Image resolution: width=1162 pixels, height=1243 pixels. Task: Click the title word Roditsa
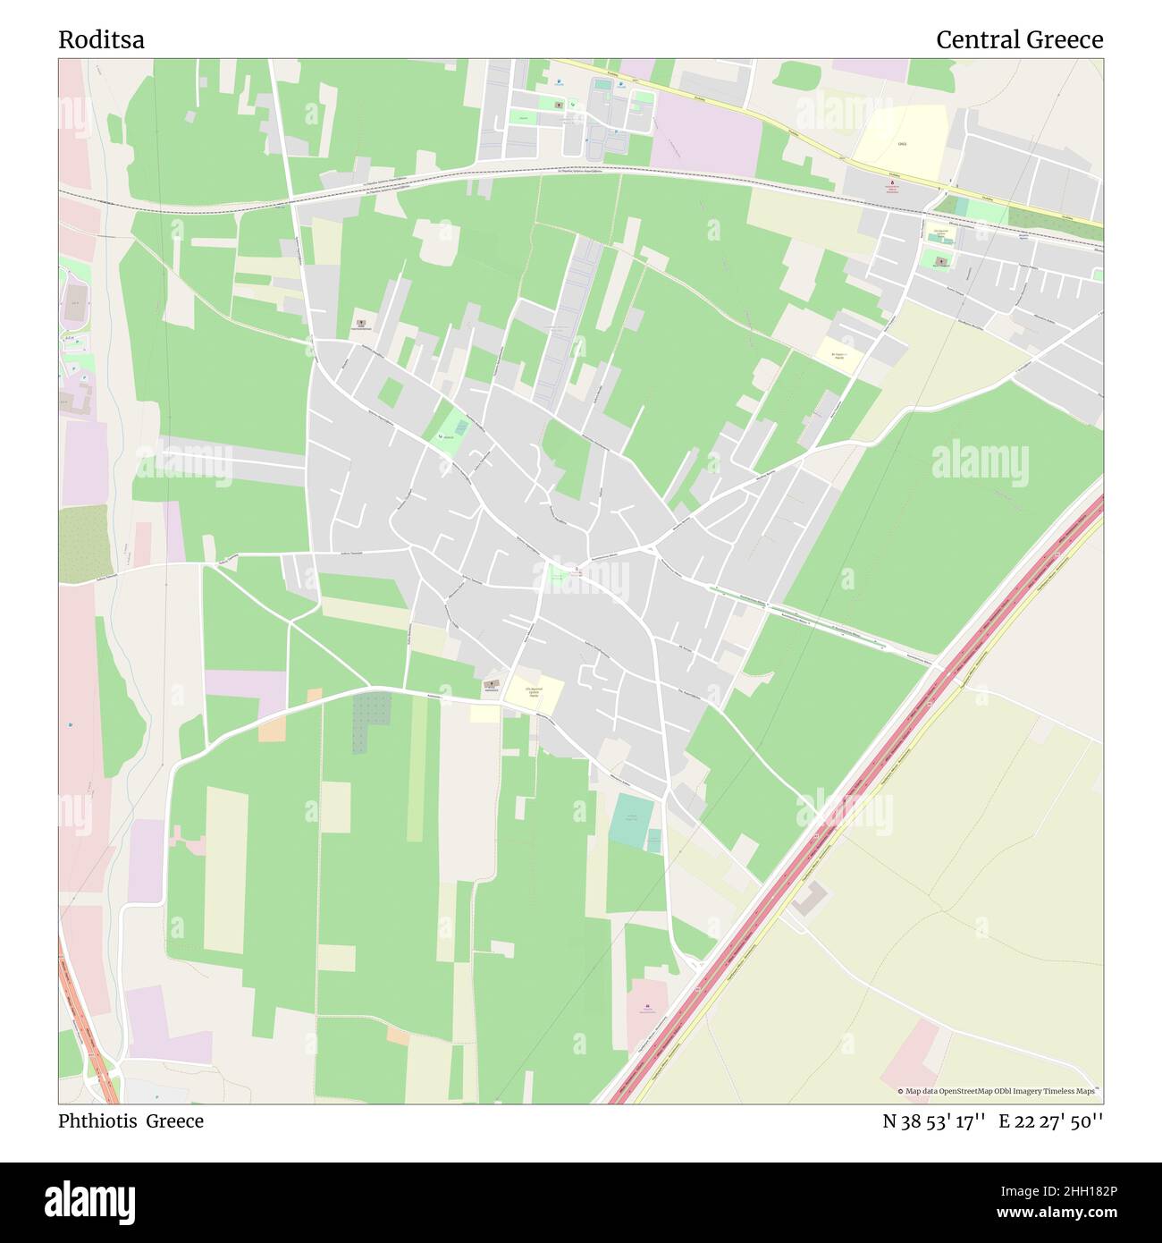(x=101, y=40)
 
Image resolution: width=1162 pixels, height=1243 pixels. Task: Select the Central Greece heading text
(x=1019, y=40)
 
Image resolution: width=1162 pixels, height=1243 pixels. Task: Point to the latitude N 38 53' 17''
(x=934, y=1121)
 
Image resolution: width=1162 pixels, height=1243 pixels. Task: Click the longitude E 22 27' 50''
(x=1051, y=1121)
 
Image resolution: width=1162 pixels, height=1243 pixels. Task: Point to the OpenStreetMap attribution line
(x=999, y=1091)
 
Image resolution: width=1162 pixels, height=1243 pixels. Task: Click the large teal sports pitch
(x=632, y=820)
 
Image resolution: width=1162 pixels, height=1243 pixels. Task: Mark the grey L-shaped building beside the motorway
(x=808, y=898)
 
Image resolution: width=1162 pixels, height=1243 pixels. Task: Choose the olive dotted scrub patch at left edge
(x=86, y=542)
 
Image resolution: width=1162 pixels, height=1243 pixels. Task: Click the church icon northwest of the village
(x=361, y=323)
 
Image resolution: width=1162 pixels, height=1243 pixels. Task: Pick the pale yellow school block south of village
(x=534, y=692)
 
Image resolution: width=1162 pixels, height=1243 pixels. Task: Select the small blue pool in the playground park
(x=460, y=428)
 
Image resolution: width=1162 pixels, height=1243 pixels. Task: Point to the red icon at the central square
(x=577, y=570)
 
